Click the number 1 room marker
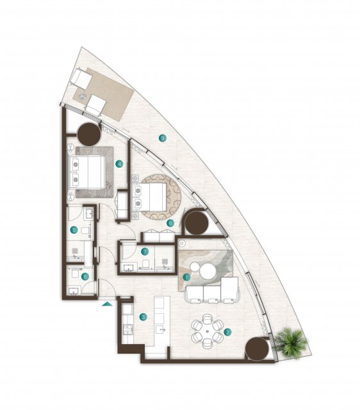[x=186, y=277]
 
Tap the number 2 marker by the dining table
[x=227, y=332]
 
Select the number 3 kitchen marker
[x=143, y=317]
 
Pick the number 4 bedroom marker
[x=119, y=164]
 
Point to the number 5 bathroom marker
[x=74, y=230]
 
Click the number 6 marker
[x=170, y=224]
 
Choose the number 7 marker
[x=145, y=252]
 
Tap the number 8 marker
[x=85, y=277]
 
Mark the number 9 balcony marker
[x=163, y=138]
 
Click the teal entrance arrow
[x=107, y=304]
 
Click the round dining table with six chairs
[x=208, y=331]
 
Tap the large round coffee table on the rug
[x=208, y=271]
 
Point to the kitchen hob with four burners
[x=128, y=329]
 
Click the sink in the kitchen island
[x=160, y=329]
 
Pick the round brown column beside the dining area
[x=257, y=348]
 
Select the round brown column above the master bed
[x=89, y=134]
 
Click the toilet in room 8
[x=74, y=273]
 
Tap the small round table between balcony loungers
[x=83, y=97]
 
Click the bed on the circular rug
[x=149, y=197]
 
